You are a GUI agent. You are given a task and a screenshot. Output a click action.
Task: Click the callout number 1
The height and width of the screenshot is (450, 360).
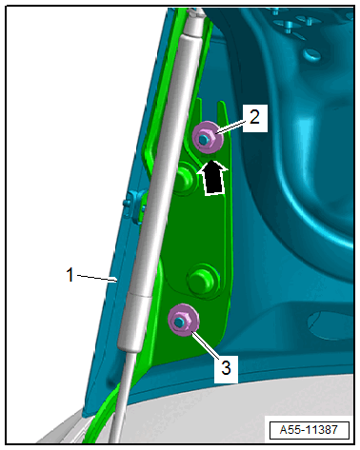pyautogui.click(x=70, y=275)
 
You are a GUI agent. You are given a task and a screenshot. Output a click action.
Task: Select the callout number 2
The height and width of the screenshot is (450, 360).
pyautogui.click(x=254, y=117)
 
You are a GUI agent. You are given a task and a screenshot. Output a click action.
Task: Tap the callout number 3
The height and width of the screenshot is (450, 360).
pyautogui.click(x=226, y=368)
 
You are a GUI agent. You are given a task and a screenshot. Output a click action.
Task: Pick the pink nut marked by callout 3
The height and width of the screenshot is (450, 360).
pyautogui.click(x=183, y=320)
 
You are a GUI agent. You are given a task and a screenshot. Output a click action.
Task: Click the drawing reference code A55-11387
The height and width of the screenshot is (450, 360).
pyautogui.click(x=309, y=430)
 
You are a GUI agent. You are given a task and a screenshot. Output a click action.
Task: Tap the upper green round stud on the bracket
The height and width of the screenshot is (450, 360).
pyautogui.click(x=183, y=178)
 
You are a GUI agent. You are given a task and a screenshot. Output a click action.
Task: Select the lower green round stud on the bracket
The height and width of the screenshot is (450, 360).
pyautogui.click(x=203, y=279)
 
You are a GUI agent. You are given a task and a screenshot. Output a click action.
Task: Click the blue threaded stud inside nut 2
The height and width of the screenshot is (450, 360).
pyautogui.click(x=203, y=139)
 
